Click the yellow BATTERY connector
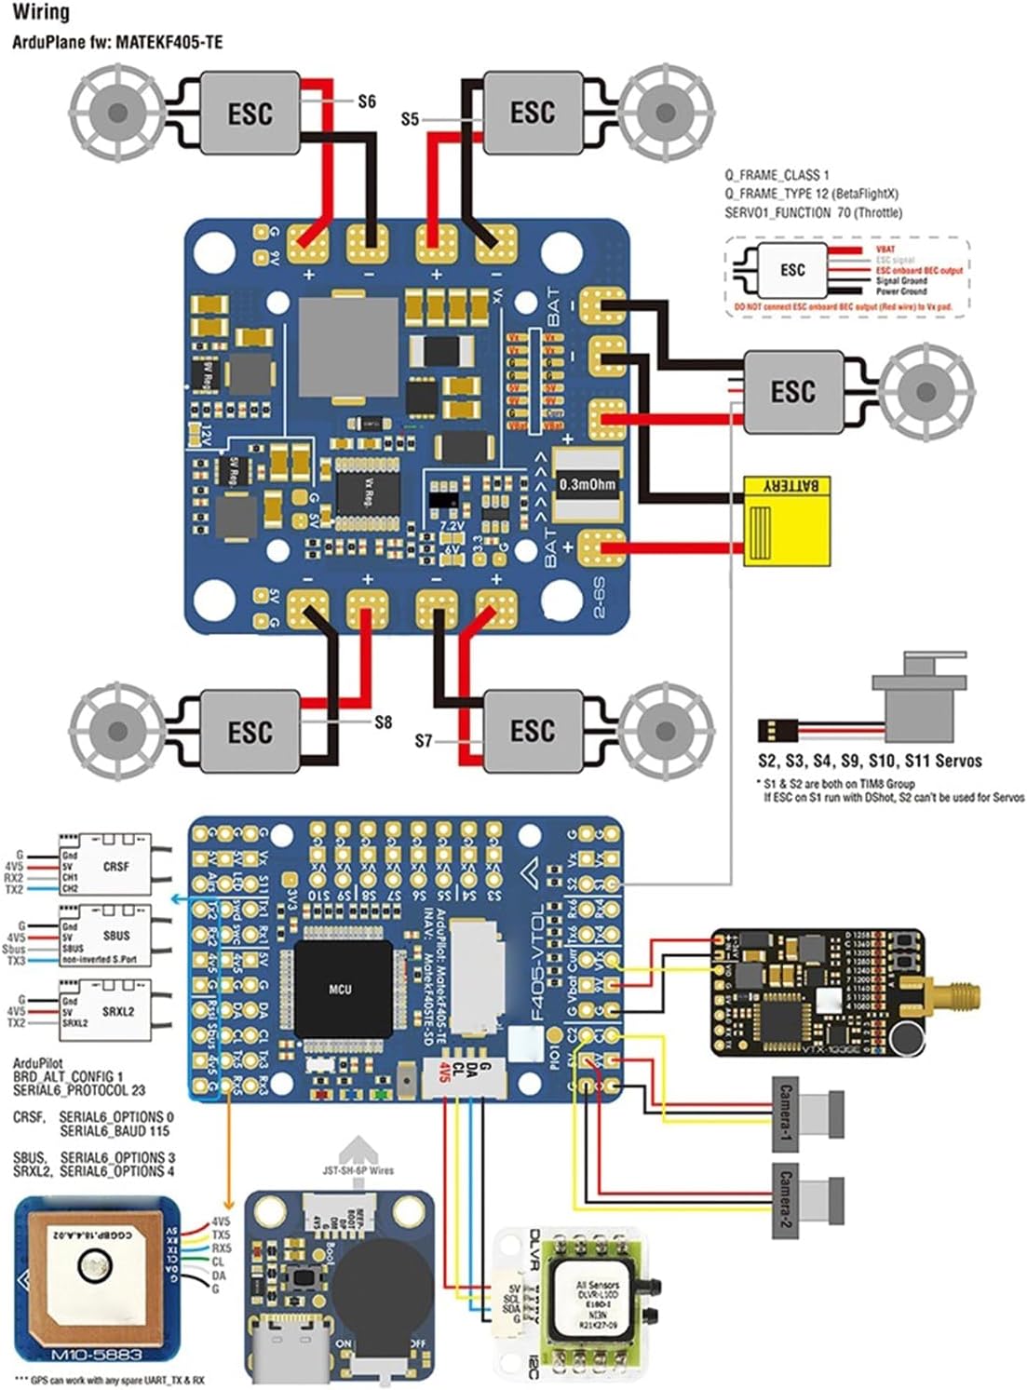click(786, 520)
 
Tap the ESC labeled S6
click(250, 113)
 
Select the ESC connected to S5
click(532, 113)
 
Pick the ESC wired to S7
click(532, 730)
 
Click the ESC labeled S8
click(250, 731)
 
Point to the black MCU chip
click(341, 989)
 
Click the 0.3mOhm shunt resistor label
click(587, 484)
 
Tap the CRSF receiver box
click(104, 865)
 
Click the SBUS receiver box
click(104, 935)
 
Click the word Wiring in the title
click(41, 13)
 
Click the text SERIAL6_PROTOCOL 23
click(79, 1090)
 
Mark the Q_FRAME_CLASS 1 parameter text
click(777, 175)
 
